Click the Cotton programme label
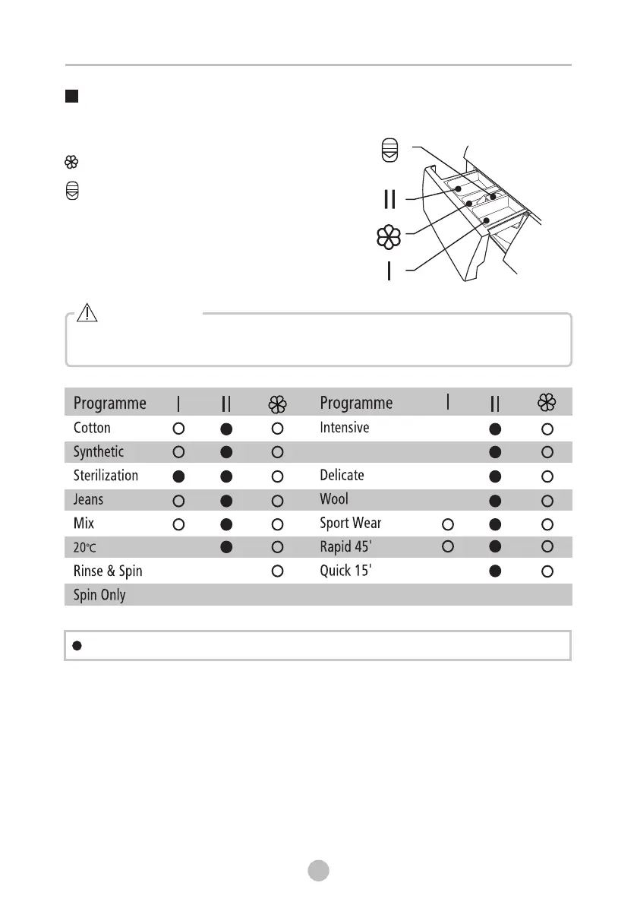(92, 428)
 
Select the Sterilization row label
(106, 476)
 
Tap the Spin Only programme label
(99, 594)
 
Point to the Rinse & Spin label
(108, 571)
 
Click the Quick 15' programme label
(345, 571)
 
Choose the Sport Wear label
(351, 524)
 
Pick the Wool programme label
(334, 499)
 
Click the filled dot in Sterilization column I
(178, 476)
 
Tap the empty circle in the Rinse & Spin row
(277, 571)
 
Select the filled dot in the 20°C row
(226, 548)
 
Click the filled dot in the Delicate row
(495, 476)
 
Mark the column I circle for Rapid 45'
(447, 547)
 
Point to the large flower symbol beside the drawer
(389, 237)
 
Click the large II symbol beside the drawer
(389, 199)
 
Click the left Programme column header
(110, 403)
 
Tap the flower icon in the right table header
(547, 403)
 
